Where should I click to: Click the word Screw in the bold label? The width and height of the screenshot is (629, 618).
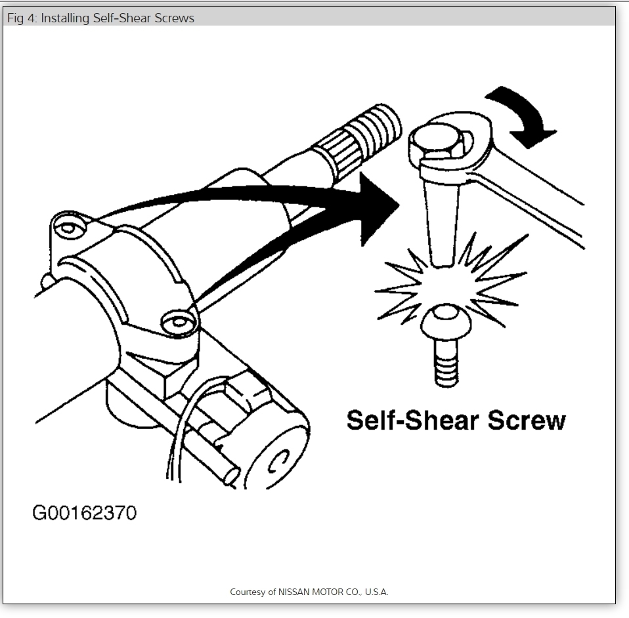pos(525,420)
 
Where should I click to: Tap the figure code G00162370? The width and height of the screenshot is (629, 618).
pos(85,512)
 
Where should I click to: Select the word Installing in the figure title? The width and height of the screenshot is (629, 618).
pos(65,18)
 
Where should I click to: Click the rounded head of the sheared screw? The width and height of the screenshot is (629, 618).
pos(446,322)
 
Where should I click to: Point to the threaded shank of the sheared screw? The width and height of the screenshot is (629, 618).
pos(446,365)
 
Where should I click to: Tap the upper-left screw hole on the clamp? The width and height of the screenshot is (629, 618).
pos(68,227)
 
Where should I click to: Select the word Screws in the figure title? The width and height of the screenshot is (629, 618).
pos(175,18)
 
